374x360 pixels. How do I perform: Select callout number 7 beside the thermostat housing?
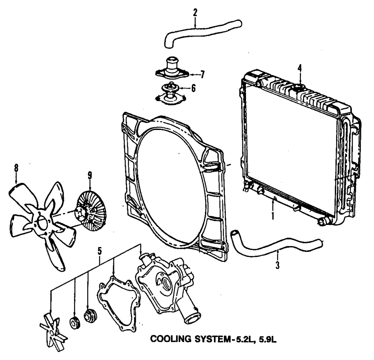(x=202, y=74)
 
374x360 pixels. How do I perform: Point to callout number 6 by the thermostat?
(x=193, y=88)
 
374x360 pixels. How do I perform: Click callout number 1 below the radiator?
(x=273, y=216)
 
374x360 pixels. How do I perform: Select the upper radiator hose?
(x=202, y=31)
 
